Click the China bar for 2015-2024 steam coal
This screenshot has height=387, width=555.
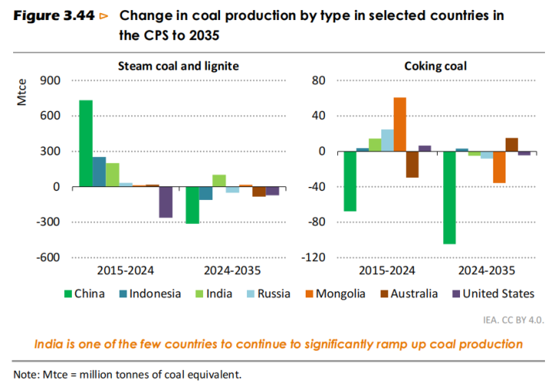[86, 144]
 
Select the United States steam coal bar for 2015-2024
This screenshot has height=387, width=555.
[165, 202]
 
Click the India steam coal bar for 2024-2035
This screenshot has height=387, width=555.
[218, 181]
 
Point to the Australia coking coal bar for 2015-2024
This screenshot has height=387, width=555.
[412, 165]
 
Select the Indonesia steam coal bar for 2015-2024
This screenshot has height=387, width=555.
[99, 171]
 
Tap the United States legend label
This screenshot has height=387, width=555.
[497, 294]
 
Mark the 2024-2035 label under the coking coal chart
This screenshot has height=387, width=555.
[486, 271]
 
